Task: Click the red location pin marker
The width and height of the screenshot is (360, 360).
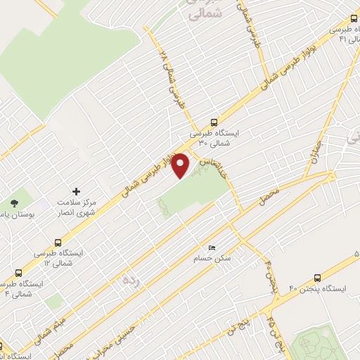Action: coord(181,165)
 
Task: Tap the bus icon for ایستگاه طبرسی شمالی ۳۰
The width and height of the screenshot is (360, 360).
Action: coord(214,121)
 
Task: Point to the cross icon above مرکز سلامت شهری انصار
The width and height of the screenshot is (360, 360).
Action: coord(77,191)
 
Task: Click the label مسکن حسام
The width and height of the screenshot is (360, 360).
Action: coord(213,259)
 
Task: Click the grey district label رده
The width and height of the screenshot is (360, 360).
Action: coord(130,281)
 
